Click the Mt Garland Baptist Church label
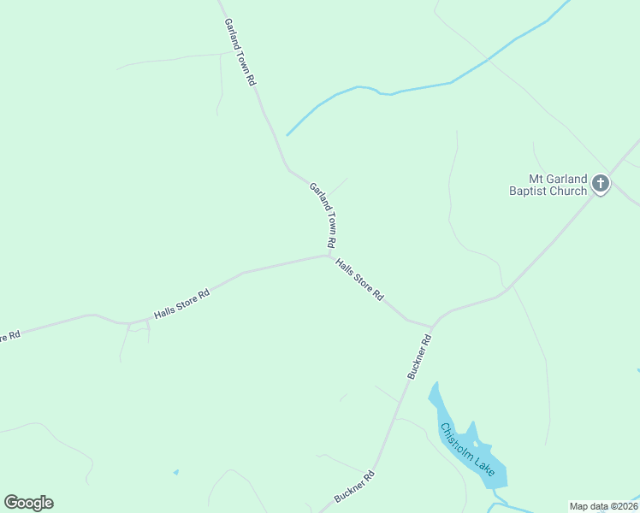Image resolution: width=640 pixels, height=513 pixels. tap(547, 185)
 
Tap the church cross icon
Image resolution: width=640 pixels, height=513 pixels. tap(601, 183)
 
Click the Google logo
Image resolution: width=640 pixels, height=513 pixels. tap(28, 503)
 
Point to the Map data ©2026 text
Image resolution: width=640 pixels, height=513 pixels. tap(604, 506)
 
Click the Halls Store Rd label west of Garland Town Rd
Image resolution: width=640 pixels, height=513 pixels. tap(181, 304)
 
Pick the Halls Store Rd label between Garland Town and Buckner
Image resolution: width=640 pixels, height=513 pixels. tap(359, 280)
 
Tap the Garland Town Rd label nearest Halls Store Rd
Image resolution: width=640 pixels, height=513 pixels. tap(323, 215)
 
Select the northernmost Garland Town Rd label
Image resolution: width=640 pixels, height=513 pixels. tap(240, 52)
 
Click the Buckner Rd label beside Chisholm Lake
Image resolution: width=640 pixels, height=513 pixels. tap(419, 357)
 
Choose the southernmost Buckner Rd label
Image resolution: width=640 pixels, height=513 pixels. tap(354, 486)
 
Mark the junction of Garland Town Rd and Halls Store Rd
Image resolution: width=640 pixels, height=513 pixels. tap(330, 254)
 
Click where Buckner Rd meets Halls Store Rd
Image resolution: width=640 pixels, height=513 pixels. tap(432, 326)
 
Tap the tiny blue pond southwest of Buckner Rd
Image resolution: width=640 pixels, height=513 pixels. tap(175, 472)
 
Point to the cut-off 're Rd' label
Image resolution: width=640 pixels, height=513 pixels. tap(9, 336)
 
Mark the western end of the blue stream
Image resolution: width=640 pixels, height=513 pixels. tap(287, 134)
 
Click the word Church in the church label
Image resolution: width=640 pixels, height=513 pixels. tap(569, 191)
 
